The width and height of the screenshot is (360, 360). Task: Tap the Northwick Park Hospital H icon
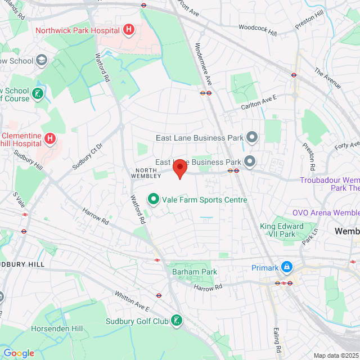click(129, 29)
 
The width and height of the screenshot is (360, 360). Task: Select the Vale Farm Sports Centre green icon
click(152, 199)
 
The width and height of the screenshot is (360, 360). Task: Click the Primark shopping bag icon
click(287, 267)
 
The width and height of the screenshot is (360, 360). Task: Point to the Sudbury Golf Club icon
click(177, 321)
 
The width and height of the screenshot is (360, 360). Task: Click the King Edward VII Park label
click(281, 230)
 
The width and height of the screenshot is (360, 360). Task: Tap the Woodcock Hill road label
click(258, 30)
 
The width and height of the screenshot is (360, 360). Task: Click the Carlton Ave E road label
click(259, 99)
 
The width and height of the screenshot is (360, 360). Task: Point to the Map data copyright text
click(335, 355)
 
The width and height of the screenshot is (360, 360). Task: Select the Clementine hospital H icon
click(50, 138)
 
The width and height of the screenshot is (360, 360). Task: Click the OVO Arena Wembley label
click(326, 213)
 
